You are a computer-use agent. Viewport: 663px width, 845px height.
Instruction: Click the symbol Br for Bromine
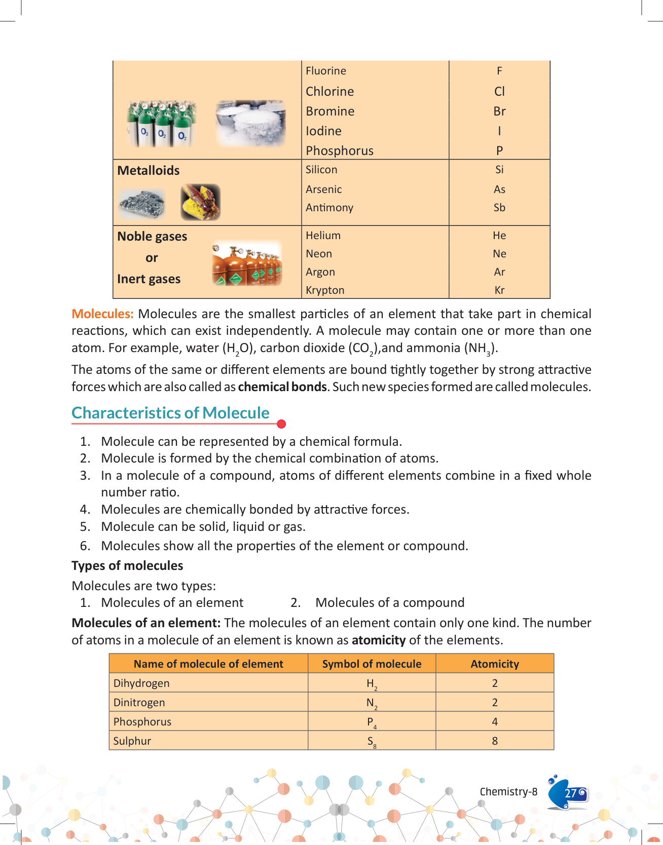click(x=499, y=111)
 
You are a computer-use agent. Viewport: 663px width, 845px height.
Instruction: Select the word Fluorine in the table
click(x=326, y=71)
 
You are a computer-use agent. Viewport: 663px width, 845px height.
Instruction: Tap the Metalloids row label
click(x=149, y=171)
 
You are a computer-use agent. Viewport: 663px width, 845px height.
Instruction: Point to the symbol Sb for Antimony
click(x=499, y=208)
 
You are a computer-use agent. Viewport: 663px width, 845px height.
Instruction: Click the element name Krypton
click(x=325, y=290)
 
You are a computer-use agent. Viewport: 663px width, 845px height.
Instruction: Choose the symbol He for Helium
click(x=499, y=236)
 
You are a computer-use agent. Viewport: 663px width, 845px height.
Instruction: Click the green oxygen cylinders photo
click(x=161, y=124)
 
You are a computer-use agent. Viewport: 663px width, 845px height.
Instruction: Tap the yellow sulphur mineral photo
click(x=200, y=202)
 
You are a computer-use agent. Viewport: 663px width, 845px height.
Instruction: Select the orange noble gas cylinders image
click(x=247, y=264)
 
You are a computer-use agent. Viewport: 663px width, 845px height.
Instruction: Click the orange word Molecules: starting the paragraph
click(x=102, y=314)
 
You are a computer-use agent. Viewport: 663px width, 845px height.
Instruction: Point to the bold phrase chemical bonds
click(x=282, y=387)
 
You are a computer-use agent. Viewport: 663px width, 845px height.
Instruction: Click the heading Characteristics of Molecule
click(x=170, y=413)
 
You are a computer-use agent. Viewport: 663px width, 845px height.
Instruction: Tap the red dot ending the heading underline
click(x=282, y=424)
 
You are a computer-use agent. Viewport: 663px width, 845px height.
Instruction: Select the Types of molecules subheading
click(x=127, y=566)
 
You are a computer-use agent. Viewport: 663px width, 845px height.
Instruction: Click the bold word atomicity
click(x=379, y=640)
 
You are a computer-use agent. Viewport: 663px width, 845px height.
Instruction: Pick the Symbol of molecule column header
click(x=372, y=664)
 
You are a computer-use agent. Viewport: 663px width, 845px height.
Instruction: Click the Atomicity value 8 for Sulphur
click(x=495, y=741)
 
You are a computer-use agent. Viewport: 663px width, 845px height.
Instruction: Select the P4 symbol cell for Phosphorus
click(x=372, y=722)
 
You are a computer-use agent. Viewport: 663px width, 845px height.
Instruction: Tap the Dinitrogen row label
click(x=139, y=703)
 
